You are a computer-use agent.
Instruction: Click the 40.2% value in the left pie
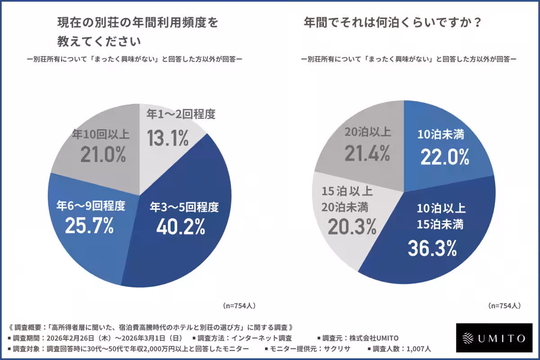click(x=180, y=227)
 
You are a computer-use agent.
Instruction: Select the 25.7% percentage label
click(x=89, y=225)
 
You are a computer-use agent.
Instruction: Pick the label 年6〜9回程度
click(x=90, y=206)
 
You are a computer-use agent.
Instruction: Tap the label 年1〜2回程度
click(x=180, y=114)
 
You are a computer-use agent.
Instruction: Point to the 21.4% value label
click(x=367, y=153)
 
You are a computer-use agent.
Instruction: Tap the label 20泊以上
click(x=368, y=132)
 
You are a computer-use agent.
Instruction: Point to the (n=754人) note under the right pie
click(x=504, y=306)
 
